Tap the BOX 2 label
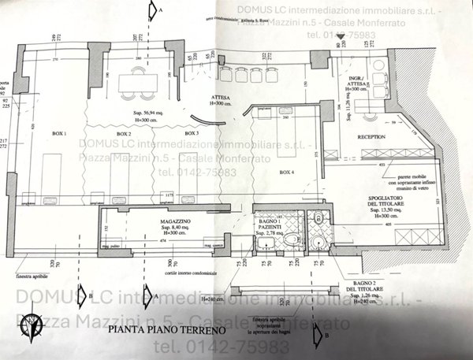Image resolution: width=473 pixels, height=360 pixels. pos(124,134)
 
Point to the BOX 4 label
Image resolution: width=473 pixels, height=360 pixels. pos(287,171)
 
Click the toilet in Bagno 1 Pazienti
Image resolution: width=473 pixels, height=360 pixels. pos(291,241)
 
